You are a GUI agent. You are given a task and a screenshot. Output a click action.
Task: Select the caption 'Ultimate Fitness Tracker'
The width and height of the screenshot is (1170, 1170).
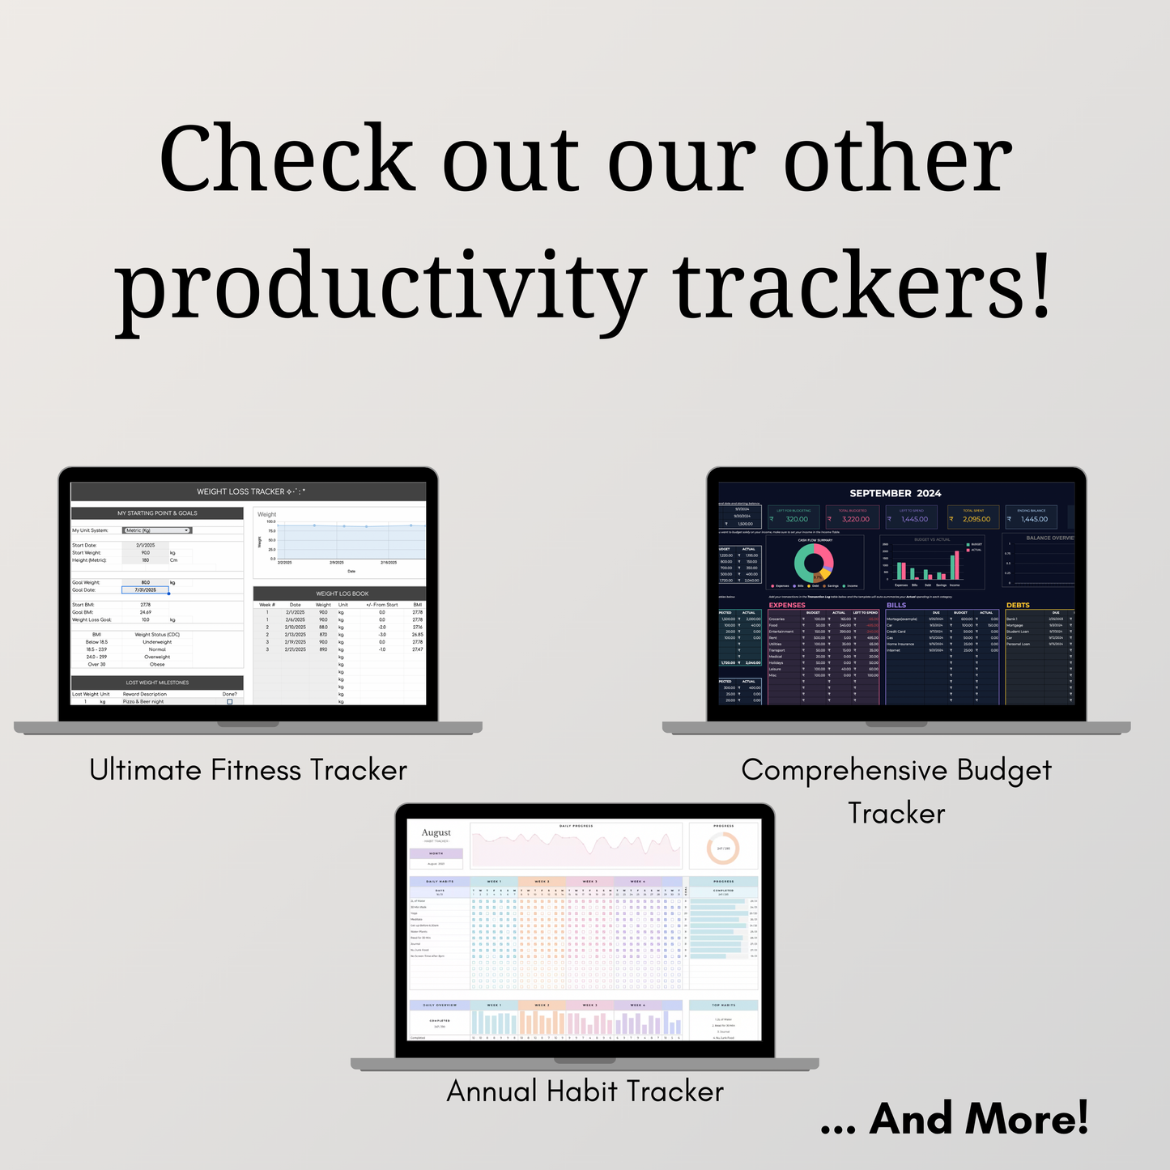248,770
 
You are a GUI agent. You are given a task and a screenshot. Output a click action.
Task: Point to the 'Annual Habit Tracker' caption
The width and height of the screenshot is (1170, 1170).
585,1091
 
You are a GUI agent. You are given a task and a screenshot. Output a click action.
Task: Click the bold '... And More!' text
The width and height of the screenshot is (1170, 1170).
955,1120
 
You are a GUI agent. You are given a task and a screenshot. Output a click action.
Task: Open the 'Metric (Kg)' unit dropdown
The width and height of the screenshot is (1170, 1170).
157,530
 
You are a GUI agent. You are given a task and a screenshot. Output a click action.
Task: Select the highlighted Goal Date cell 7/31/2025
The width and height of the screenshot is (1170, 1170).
146,590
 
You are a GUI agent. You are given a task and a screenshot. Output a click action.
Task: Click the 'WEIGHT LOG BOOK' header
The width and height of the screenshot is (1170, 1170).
342,594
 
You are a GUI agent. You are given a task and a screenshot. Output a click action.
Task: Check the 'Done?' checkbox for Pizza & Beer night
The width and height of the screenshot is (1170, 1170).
230,702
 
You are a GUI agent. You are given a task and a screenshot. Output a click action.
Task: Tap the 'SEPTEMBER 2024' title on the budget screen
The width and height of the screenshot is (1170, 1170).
895,493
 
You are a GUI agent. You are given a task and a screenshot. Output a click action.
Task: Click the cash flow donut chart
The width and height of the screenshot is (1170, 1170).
814,562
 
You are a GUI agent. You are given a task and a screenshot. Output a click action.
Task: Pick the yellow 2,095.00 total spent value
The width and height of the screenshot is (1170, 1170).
976,519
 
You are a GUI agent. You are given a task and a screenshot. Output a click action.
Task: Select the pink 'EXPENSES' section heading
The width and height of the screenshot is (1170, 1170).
787,605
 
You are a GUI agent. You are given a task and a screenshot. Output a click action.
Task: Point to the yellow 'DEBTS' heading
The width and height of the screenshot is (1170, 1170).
1018,605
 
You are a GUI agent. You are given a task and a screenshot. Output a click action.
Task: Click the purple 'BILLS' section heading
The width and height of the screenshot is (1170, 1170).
896,605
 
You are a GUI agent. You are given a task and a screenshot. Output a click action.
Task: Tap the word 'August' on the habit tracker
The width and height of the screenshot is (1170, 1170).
436,832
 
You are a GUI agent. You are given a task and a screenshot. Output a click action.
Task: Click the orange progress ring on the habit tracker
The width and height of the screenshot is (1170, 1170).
723,849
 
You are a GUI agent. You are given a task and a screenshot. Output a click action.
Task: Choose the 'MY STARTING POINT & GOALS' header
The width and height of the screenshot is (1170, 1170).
157,513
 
